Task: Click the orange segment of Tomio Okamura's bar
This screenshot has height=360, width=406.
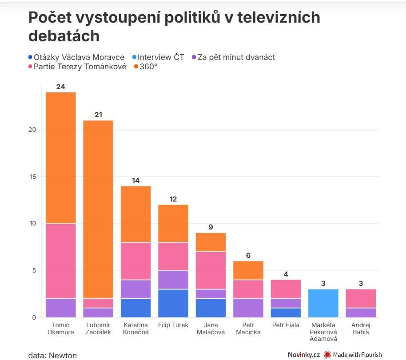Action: tap(61, 158)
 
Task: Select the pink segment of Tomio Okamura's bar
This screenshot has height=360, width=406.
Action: tap(61, 261)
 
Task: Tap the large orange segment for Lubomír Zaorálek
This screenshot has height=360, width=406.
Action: tap(98, 209)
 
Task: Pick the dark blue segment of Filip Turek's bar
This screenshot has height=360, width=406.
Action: tap(173, 303)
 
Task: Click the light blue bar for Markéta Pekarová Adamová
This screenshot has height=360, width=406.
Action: tap(323, 303)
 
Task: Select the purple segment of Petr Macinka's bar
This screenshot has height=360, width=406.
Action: tap(248, 308)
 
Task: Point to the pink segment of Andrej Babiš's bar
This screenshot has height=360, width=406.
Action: tap(361, 298)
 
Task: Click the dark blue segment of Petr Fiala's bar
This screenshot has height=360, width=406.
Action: tap(286, 313)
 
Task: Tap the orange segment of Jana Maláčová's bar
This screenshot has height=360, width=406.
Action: tap(211, 242)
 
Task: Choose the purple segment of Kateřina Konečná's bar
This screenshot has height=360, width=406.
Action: tap(136, 289)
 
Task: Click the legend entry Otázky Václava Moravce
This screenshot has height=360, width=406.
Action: tap(76, 57)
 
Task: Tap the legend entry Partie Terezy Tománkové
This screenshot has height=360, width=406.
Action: tap(77, 67)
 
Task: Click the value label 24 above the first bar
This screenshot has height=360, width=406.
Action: tap(61, 87)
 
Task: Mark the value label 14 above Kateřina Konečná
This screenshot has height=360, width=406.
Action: tap(136, 181)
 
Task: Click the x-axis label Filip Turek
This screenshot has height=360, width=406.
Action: tap(173, 325)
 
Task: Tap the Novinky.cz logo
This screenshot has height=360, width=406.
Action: tap(303, 354)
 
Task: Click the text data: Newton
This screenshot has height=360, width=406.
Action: tap(52, 355)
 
